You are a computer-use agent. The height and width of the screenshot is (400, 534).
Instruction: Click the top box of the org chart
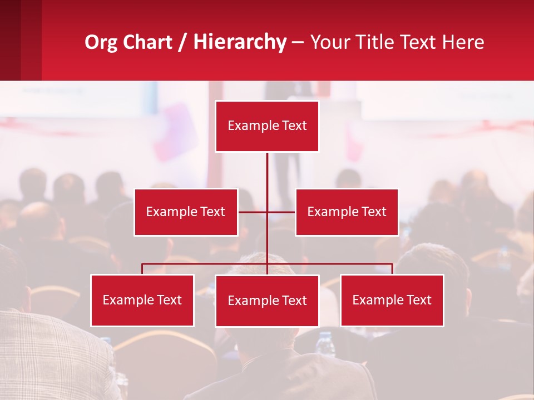[267, 126]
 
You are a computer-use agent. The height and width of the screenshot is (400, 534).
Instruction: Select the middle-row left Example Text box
[186, 212]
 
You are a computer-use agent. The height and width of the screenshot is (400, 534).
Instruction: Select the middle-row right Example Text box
[347, 212]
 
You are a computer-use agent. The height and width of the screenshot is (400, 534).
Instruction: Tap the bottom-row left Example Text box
[142, 300]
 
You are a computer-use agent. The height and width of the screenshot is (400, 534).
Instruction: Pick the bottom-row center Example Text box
[267, 301]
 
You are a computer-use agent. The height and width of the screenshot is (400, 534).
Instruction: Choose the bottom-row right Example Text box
[392, 300]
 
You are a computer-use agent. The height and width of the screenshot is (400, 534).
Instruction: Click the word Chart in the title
[145, 42]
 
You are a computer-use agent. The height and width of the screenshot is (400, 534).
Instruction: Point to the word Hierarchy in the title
[240, 42]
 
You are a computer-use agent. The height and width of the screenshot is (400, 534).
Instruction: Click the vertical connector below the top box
[267, 172]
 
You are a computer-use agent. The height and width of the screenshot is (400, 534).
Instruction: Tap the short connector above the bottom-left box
[142, 269]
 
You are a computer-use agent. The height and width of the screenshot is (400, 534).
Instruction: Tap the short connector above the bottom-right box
[392, 269]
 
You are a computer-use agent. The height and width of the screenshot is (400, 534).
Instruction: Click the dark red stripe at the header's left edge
[10, 40]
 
